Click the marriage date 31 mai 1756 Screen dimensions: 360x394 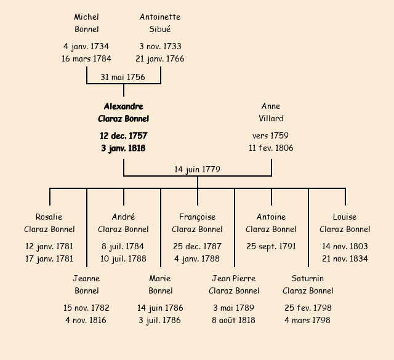click(x=123, y=77)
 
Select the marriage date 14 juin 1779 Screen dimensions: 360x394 click(x=197, y=169)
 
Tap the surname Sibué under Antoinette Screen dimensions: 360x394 click(x=160, y=29)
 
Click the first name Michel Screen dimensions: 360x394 click(x=86, y=17)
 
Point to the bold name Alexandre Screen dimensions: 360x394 click(x=123, y=106)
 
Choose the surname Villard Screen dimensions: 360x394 click(x=271, y=118)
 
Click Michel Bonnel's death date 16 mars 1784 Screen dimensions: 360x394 click(x=86, y=59)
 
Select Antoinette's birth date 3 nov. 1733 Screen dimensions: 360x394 click(x=160, y=46)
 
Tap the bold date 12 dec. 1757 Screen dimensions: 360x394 click(x=123, y=135)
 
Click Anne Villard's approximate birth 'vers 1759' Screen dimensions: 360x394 click(x=271, y=135)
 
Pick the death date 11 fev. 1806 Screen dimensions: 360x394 click(x=271, y=148)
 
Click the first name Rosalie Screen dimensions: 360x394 click(x=49, y=217)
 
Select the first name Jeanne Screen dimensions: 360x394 click(x=86, y=278)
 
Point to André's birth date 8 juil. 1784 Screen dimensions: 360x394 click(x=123, y=246)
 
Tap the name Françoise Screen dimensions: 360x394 click(x=197, y=217)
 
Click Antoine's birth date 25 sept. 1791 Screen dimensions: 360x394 click(x=271, y=246)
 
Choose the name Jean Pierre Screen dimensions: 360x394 click(x=234, y=278)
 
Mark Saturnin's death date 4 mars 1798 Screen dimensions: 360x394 click(x=308, y=320)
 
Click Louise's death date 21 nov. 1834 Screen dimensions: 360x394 click(x=345, y=258)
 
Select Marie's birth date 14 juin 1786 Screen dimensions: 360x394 click(x=160, y=308)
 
